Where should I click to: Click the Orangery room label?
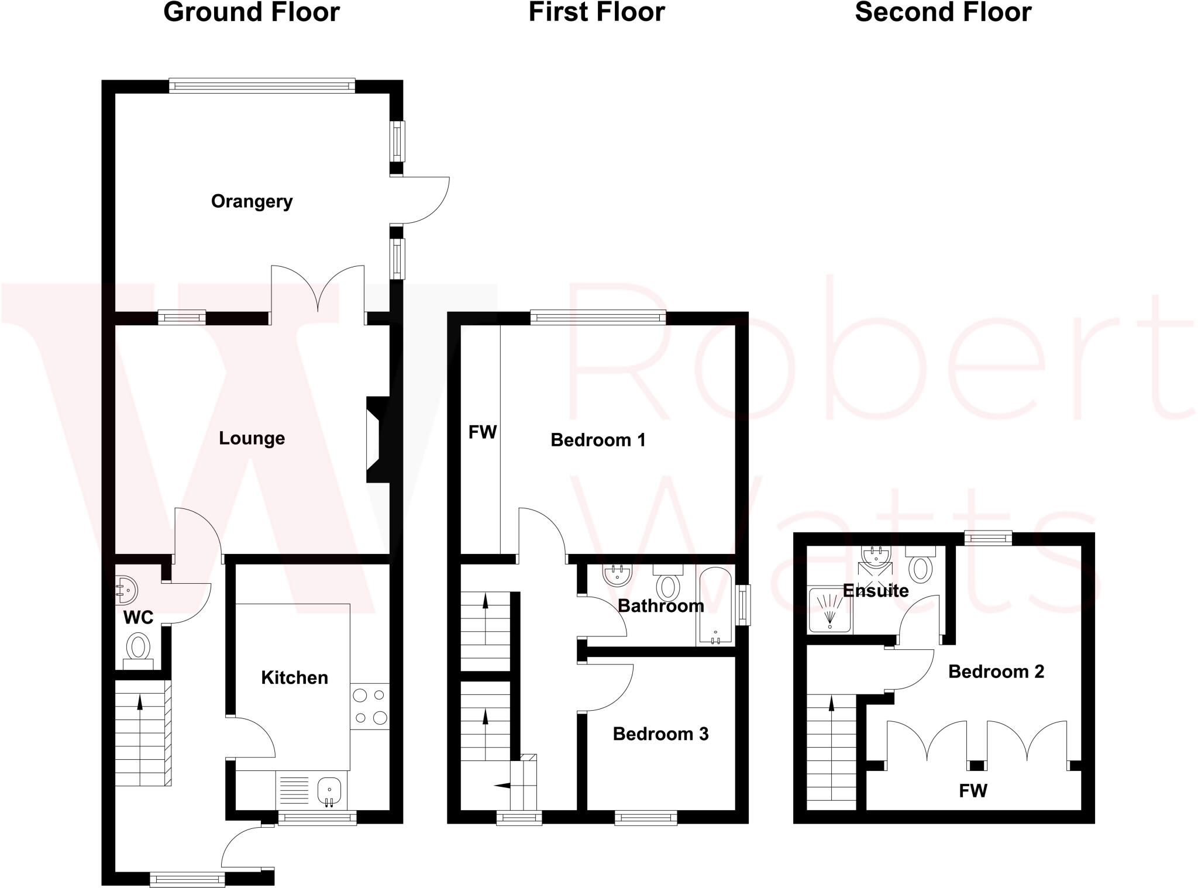(252, 201)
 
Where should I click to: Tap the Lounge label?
(252, 438)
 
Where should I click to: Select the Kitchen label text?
(294, 677)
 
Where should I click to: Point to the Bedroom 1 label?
(598, 440)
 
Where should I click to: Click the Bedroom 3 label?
(660, 734)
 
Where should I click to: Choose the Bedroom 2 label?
(996, 672)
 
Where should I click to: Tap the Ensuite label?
(875, 590)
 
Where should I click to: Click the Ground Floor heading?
(252, 13)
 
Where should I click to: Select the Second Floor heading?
(943, 13)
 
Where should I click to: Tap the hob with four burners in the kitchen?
(370, 706)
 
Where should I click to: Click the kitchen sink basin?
(329, 790)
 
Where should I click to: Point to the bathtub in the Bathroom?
(715, 605)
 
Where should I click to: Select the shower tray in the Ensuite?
(829, 611)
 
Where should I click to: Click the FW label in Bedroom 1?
(482, 432)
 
